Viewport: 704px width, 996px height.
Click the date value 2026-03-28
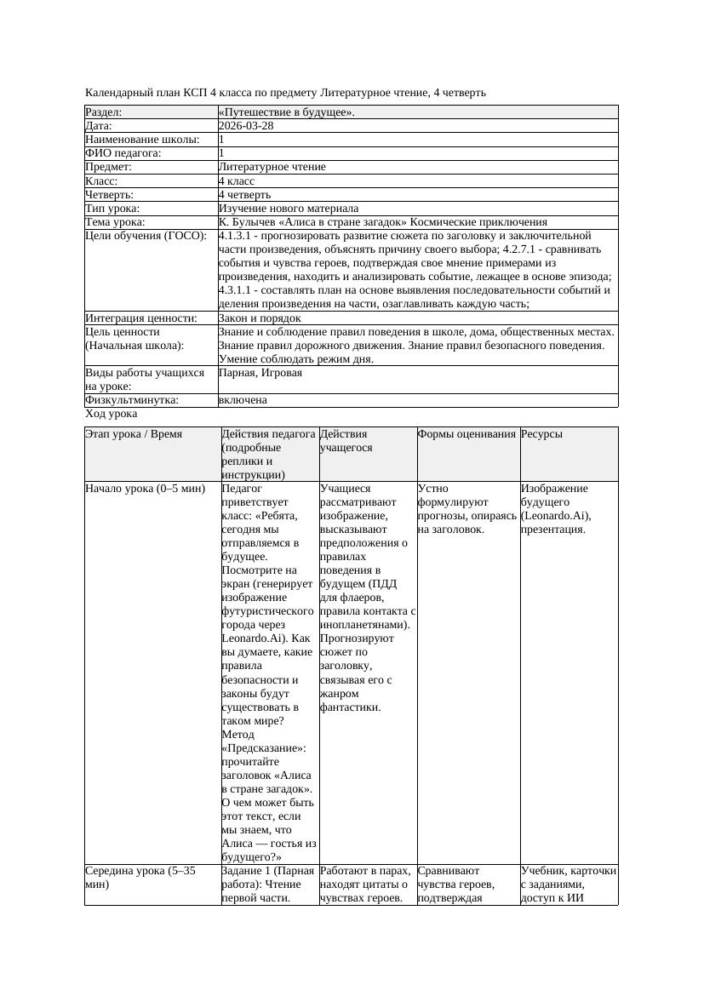tap(246, 126)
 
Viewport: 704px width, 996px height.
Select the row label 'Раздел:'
tap(104, 112)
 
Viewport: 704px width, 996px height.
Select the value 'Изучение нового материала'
tap(288, 209)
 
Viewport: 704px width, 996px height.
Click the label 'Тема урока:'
tap(115, 222)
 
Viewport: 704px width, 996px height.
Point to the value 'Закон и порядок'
tap(260, 318)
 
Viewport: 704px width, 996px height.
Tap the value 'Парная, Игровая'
tap(260, 373)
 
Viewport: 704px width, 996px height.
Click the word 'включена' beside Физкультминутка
tap(243, 400)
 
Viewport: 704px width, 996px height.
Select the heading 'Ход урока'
tap(112, 414)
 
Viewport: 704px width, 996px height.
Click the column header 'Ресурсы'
tap(541, 434)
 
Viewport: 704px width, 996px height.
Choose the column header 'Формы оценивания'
tap(466, 434)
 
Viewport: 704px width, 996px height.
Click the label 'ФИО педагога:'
tap(123, 153)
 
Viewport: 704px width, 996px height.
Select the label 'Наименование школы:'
tap(142, 140)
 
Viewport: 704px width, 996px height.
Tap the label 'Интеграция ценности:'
tap(140, 318)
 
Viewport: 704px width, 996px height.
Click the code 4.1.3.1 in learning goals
tap(236, 236)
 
